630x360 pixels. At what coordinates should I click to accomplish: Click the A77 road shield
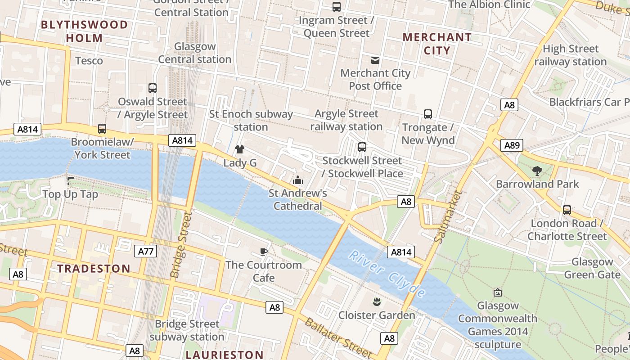[x=146, y=251]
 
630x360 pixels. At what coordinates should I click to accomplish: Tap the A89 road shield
[x=512, y=145]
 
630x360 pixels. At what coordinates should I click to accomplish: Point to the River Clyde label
[x=387, y=274]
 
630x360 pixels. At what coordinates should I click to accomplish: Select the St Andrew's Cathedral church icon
[x=298, y=180]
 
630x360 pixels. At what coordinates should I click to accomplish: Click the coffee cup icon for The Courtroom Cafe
[x=264, y=252]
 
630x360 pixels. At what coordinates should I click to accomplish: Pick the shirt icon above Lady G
[x=240, y=149]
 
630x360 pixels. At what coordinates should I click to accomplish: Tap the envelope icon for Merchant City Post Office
[x=375, y=60]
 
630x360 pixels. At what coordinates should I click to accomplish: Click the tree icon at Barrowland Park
[x=537, y=171]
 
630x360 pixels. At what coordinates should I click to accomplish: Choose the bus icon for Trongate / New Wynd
[x=428, y=114]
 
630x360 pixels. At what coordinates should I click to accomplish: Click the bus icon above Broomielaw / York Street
[x=102, y=129]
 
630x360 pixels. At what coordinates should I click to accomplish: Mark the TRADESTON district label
[x=94, y=269]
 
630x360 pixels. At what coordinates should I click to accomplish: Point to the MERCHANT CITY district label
[x=437, y=44]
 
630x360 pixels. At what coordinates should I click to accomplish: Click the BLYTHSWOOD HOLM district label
[x=85, y=31]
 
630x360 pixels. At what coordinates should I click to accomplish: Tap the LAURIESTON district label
[x=225, y=355]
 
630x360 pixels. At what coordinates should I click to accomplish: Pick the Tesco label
[x=89, y=60]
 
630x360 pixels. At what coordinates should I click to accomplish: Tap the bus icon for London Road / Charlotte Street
[x=567, y=210]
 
